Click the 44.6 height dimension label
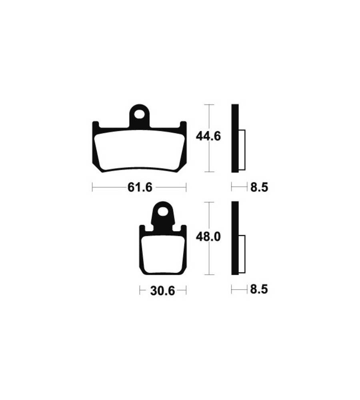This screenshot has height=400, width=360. click(208, 136)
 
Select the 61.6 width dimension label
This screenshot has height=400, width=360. click(140, 188)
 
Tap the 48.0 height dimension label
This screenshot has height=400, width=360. click(208, 237)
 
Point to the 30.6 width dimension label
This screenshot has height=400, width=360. click(162, 290)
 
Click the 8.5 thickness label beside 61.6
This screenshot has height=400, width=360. click(259, 188)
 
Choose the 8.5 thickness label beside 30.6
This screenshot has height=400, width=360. click(259, 290)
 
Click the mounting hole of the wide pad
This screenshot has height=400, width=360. click(139, 114)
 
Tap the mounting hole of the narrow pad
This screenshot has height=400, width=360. click(162, 212)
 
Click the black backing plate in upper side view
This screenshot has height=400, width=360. click(235, 138)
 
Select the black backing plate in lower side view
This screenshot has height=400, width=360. click(235, 238)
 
